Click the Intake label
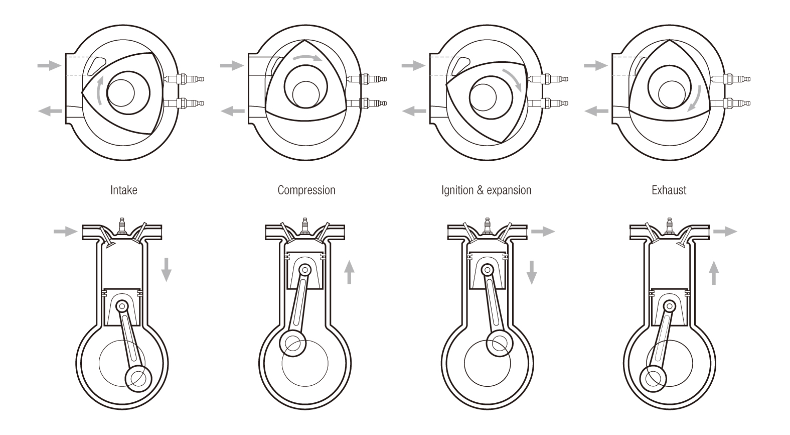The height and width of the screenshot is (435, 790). click(x=124, y=190)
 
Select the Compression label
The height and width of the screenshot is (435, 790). click(x=306, y=191)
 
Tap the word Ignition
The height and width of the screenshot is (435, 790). click(x=457, y=191)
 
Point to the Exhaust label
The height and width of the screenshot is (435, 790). click(x=669, y=190)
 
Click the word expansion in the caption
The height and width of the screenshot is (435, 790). click(x=509, y=191)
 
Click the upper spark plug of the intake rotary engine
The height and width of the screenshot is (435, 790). click(x=185, y=79)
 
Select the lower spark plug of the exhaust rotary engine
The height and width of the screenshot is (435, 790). click(x=730, y=103)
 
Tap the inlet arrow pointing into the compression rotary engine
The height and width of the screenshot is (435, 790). click(x=232, y=65)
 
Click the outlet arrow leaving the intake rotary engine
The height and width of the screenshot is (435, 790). click(x=50, y=111)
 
